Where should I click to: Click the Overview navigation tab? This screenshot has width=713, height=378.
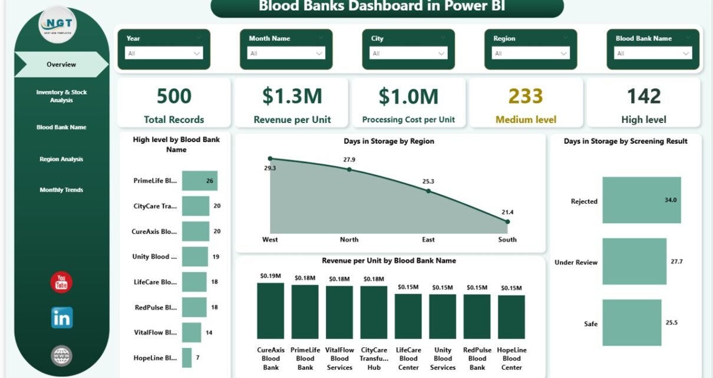61,65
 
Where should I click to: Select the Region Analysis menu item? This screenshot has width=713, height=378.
61,159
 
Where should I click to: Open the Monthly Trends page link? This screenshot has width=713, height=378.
61,190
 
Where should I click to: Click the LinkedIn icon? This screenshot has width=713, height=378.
61,318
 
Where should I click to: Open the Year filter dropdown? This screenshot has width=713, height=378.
164,54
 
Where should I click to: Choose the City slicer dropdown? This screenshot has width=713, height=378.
408,54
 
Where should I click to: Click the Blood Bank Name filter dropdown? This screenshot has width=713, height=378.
653,54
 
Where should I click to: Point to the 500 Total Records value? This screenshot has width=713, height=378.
174,96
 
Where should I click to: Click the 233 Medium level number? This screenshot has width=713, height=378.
526,96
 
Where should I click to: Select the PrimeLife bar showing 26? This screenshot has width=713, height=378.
199,181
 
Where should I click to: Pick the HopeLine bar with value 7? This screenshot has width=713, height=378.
187,358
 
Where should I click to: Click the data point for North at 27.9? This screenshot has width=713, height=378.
349,169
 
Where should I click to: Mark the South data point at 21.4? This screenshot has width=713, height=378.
507,221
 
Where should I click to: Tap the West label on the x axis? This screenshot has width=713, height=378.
270,240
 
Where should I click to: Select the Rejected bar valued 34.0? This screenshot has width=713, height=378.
641,200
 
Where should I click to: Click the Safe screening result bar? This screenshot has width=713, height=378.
632,323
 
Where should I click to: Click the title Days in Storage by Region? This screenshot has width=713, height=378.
389,141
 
